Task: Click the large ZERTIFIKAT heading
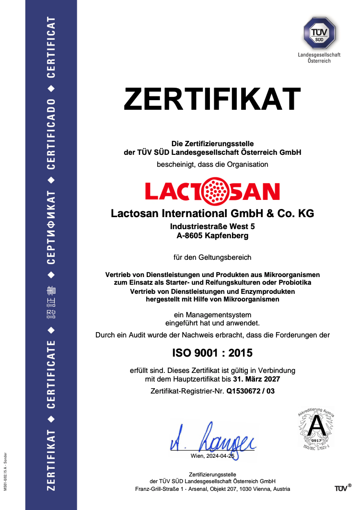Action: click(212, 99)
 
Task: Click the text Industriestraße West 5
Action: click(212, 226)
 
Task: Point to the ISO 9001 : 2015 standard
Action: click(212, 353)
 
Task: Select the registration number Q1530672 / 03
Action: click(251, 391)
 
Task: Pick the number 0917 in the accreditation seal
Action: click(316, 440)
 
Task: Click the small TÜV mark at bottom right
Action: click(341, 488)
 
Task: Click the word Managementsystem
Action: click(213, 315)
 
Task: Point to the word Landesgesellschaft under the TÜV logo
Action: click(319, 55)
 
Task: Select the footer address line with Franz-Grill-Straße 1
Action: click(212, 489)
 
